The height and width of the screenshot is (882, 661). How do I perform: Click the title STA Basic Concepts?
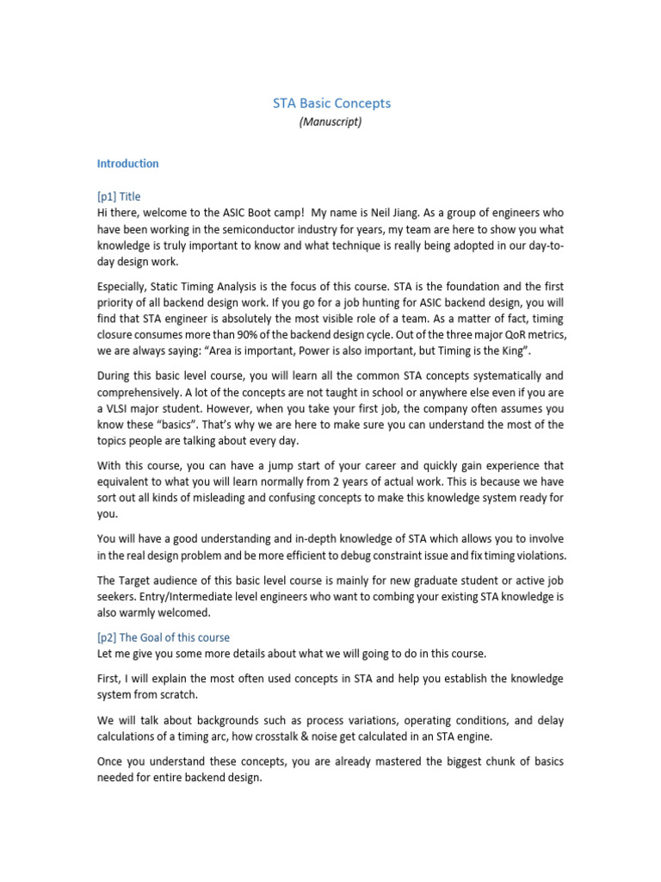331,103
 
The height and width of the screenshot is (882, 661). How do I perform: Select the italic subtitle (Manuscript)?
330,122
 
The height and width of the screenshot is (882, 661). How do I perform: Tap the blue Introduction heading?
127,164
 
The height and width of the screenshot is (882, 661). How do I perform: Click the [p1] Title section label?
119,196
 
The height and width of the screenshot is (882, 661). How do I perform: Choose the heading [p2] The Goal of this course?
164,637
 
